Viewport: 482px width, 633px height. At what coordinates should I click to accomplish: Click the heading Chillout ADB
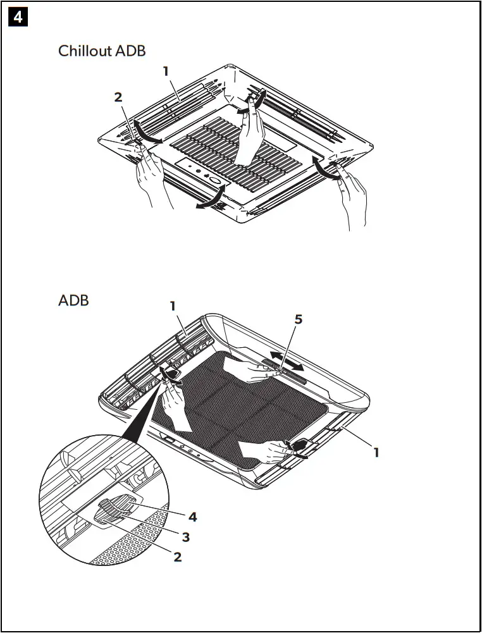pyautogui.click(x=102, y=51)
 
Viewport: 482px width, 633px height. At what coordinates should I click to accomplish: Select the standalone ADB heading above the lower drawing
pyautogui.click(x=73, y=300)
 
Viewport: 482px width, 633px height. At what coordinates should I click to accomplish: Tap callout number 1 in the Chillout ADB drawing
pyautogui.click(x=166, y=71)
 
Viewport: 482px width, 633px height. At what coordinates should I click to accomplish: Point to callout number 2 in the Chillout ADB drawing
pyautogui.click(x=118, y=97)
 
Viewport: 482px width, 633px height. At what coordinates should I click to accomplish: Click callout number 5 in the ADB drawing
pyautogui.click(x=299, y=319)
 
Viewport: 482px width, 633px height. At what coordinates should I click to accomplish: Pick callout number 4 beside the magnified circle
pyautogui.click(x=192, y=517)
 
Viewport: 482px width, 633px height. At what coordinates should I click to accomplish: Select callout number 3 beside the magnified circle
pyautogui.click(x=185, y=537)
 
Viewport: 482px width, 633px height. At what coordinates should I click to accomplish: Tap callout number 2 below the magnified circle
pyautogui.click(x=177, y=556)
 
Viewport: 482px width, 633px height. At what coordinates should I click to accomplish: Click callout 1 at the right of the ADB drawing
pyautogui.click(x=376, y=452)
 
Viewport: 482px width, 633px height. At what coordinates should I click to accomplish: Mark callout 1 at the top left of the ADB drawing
pyautogui.click(x=172, y=305)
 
